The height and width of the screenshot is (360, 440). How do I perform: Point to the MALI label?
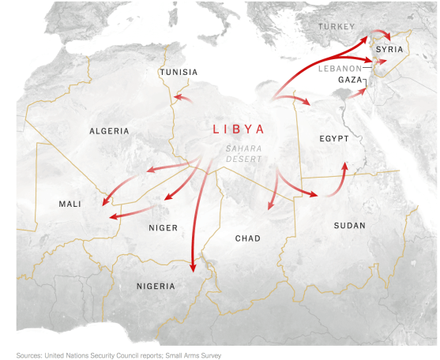(70, 204)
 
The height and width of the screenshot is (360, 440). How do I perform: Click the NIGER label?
(163, 228)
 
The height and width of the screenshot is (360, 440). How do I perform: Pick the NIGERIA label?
(145, 286)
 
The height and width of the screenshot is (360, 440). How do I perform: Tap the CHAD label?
(248, 238)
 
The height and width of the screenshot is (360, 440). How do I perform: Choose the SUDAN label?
(349, 226)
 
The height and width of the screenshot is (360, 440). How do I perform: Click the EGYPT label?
(334, 139)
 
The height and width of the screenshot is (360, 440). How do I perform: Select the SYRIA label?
(389, 50)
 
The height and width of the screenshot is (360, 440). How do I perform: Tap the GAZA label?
(350, 80)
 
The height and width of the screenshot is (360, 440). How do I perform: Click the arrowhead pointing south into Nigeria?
(193, 268)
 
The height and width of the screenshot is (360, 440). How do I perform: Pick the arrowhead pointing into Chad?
(270, 207)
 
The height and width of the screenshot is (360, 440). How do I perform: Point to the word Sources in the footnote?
(32, 355)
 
